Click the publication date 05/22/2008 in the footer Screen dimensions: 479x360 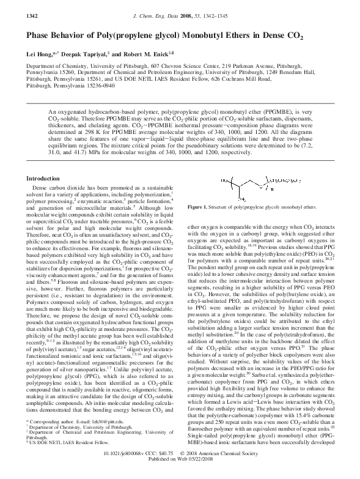pos(209,473)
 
